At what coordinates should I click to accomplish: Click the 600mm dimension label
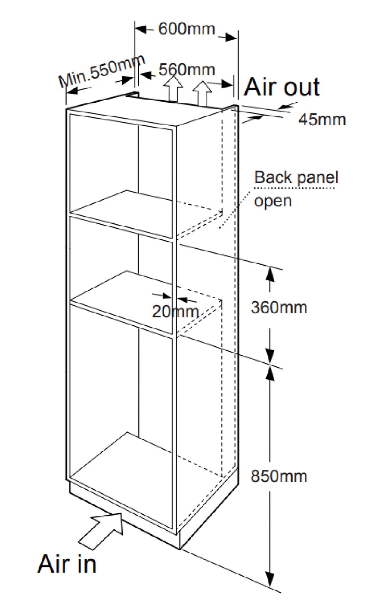tap(187, 29)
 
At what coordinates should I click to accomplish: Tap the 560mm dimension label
tap(187, 70)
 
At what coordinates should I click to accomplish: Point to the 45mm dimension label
tap(322, 120)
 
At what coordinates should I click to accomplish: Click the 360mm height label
tap(279, 308)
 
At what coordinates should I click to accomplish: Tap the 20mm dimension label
tap(175, 311)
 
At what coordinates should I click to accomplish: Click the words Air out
tap(282, 87)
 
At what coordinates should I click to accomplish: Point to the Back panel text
tap(296, 177)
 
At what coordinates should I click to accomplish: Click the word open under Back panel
tap(273, 201)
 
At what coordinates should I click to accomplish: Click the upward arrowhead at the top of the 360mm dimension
tap(270, 274)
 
